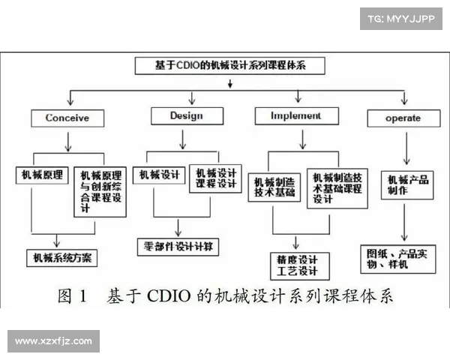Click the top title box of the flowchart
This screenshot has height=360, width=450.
point(231,66)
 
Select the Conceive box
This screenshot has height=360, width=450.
point(67,118)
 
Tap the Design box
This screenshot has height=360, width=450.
point(187,115)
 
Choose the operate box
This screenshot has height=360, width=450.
point(403,118)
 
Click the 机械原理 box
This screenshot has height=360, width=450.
point(42,176)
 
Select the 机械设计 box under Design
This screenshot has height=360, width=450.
point(159,175)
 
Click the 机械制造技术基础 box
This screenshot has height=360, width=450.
point(274,187)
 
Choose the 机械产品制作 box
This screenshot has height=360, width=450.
point(407,184)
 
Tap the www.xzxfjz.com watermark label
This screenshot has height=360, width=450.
point(53,341)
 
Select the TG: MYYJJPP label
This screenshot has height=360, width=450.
point(401,18)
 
